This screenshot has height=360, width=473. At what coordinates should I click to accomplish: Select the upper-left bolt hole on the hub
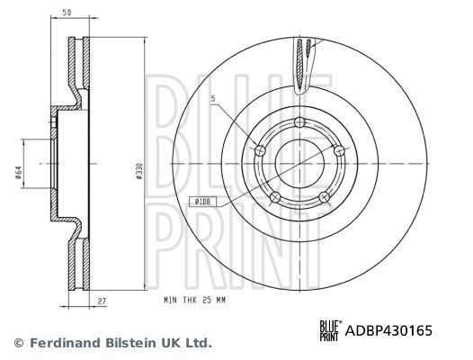tap(262, 150)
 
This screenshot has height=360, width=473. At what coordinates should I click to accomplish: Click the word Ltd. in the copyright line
tap(197, 343)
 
